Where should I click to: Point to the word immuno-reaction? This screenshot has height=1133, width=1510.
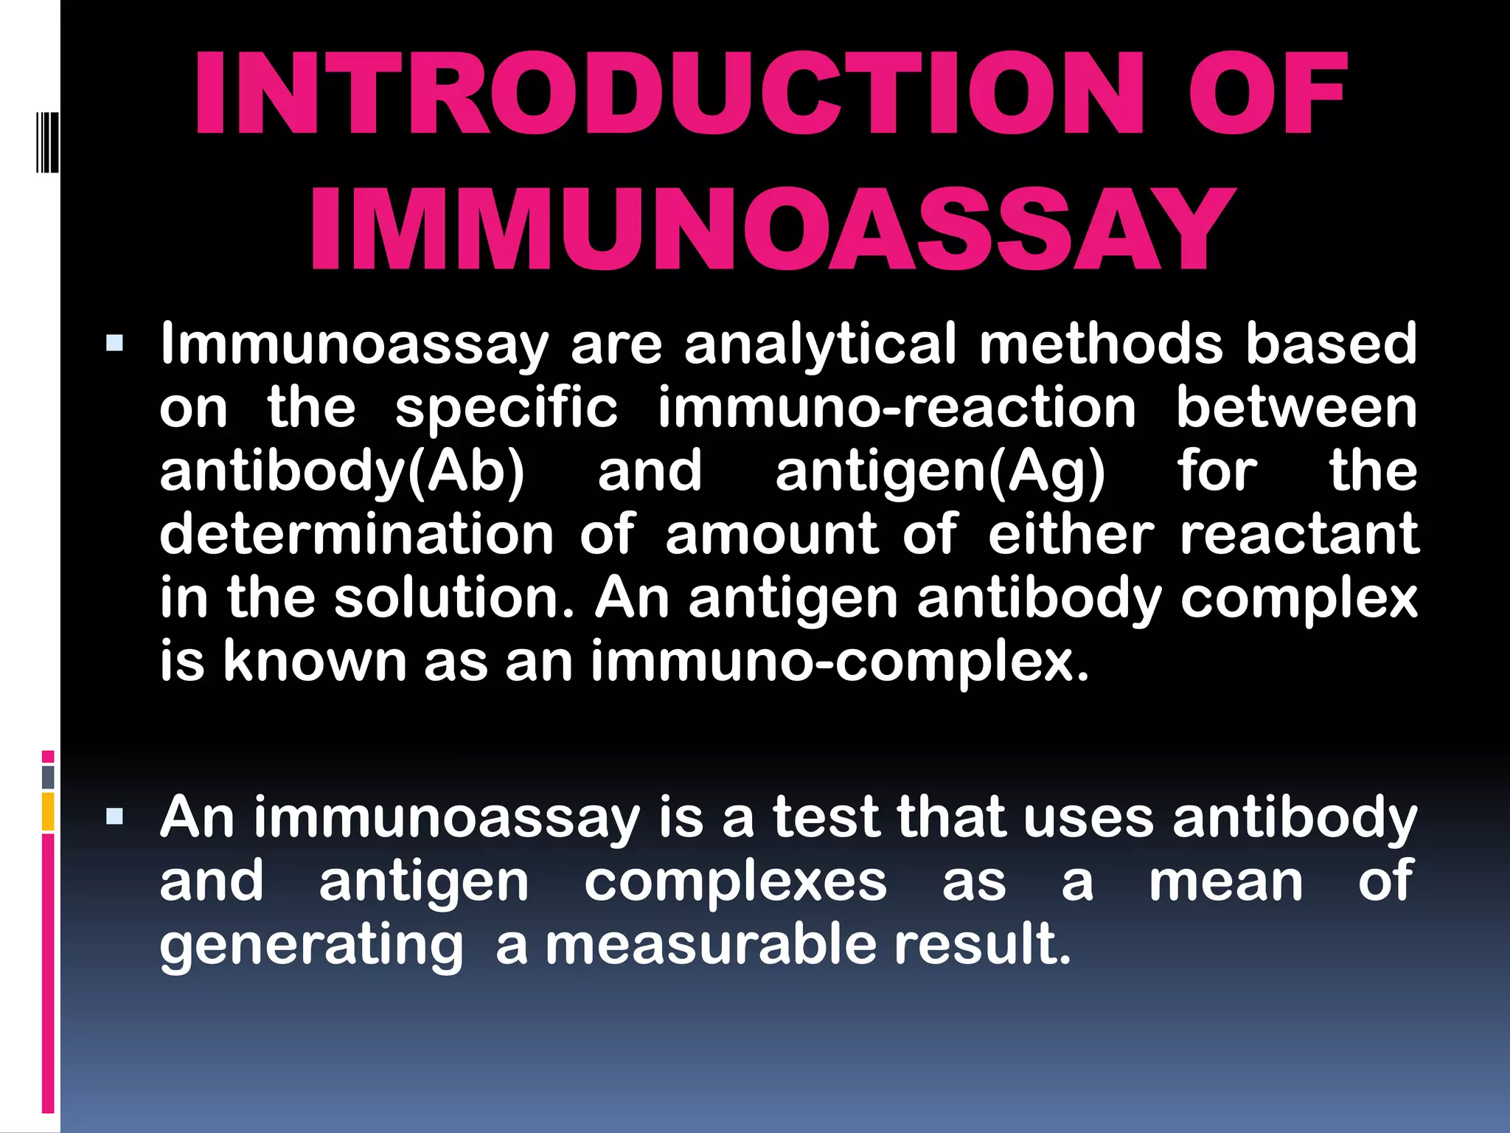click(x=897, y=408)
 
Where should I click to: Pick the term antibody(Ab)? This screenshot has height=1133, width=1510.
click(x=342, y=472)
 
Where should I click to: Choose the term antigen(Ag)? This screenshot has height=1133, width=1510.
click(x=940, y=473)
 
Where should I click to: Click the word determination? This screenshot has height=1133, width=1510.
click(x=356, y=535)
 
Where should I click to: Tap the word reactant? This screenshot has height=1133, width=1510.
click(x=1298, y=535)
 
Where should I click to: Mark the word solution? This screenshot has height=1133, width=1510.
click(x=454, y=598)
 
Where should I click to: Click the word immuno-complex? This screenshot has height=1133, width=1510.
click(x=840, y=662)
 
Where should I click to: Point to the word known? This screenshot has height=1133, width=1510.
click(x=315, y=662)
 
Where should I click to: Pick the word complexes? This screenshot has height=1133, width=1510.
click(x=735, y=882)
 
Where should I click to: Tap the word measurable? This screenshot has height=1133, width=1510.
click(x=711, y=946)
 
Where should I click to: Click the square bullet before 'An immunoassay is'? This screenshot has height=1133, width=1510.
click(x=114, y=817)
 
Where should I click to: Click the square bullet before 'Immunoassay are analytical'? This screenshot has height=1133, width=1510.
click(x=114, y=343)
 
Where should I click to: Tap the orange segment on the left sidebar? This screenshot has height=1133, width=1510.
click(x=48, y=811)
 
